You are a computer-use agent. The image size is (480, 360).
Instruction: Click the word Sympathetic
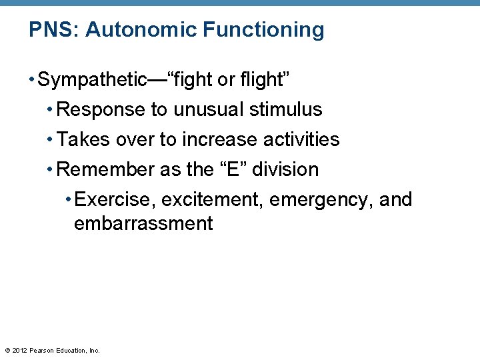(93, 80)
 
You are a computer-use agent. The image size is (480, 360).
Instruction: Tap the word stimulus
(286, 110)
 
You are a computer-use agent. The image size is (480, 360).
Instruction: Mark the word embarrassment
(143, 223)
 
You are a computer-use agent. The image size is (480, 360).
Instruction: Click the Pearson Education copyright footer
(52, 350)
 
